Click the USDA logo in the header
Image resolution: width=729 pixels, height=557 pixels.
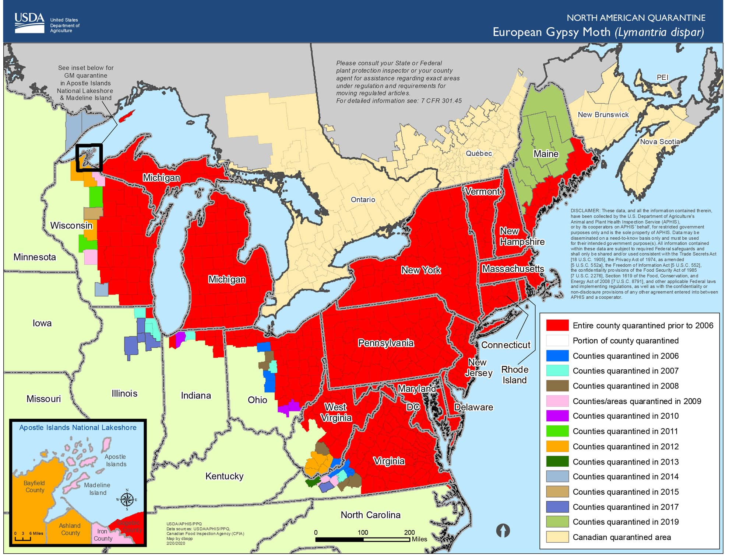point(29,23)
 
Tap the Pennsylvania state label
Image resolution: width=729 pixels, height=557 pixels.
point(385,343)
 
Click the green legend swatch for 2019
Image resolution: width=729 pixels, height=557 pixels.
point(557,522)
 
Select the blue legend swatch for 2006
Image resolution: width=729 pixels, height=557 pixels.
point(557,356)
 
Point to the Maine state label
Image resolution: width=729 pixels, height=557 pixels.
point(546,154)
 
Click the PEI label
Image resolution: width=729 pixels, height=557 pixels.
point(662,77)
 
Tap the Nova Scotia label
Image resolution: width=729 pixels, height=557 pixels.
point(659,142)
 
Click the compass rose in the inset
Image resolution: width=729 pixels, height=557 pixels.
point(127,500)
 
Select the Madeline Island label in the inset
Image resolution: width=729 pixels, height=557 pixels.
point(97,489)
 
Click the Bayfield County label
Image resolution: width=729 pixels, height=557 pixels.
point(35,486)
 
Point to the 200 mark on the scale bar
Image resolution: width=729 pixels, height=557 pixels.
point(409,532)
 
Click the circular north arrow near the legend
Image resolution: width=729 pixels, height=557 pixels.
point(503,530)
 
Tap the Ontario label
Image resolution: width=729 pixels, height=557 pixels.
point(363,199)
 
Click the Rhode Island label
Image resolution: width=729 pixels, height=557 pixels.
point(514,375)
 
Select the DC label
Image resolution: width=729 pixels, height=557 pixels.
point(413,407)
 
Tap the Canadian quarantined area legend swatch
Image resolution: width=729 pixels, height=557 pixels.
point(557,537)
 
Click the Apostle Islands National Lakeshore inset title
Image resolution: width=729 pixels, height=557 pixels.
point(78,428)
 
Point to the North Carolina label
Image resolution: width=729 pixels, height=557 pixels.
point(370,515)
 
